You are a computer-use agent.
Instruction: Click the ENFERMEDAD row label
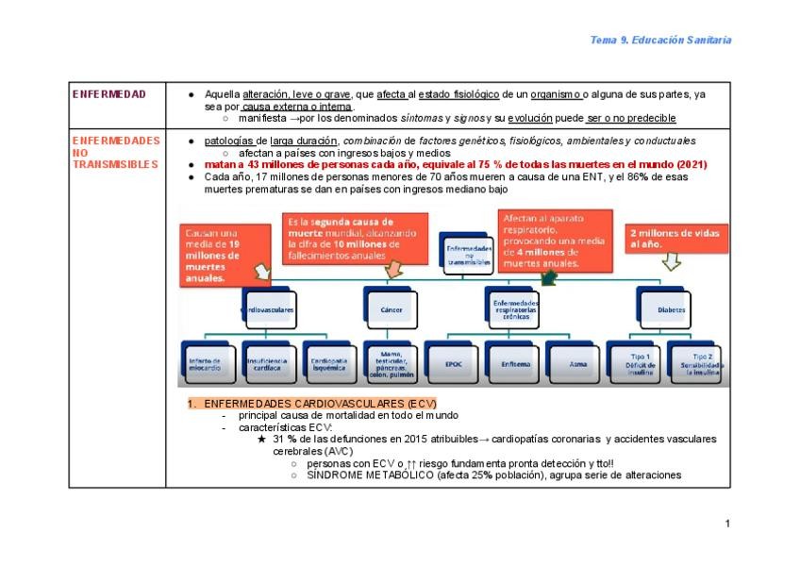(x=109, y=94)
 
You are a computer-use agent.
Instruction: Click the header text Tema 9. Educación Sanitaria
(x=659, y=40)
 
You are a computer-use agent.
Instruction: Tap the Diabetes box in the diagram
(x=671, y=308)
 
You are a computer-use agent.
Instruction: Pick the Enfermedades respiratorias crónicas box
(x=515, y=308)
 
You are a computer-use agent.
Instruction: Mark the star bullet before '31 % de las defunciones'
(x=261, y=440)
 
